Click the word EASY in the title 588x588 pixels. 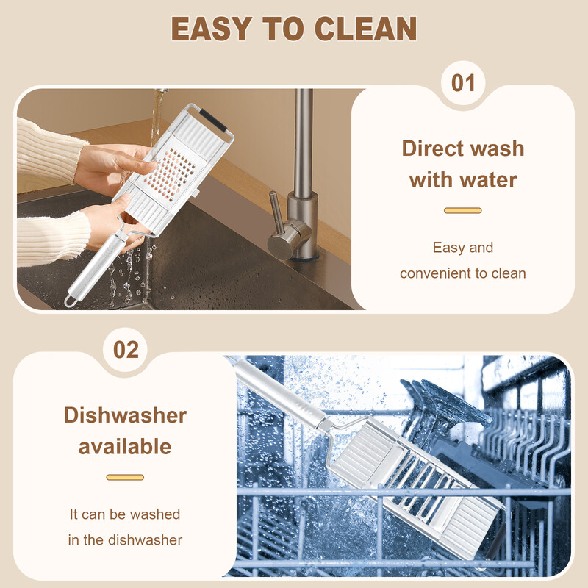click(x=211, y=29)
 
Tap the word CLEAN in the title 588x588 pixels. click(x=365, y=29)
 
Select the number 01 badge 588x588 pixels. click(x=463, y=83)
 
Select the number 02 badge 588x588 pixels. click(x=126, y=350)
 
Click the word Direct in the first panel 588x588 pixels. click(x=432, y=148)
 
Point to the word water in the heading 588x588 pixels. click(x=489, y=179)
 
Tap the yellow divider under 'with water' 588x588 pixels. click(x=463, y=210)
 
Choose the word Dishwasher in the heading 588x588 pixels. click(x=125, y=415)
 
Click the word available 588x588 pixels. click(x=125, y=446)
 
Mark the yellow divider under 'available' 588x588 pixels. click(x=125, y=477)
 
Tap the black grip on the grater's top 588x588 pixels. click(x=213, y=120)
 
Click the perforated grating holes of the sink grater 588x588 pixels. click(x=171, y=173)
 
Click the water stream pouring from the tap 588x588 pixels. click(x=157, y=116)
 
